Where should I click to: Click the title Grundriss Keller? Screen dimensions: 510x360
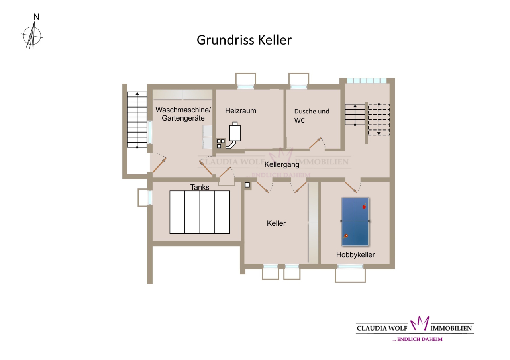(x=244, y=40)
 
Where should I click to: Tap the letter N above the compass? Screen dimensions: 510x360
(x=36, y=17)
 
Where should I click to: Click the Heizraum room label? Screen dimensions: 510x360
(x=241, y=111)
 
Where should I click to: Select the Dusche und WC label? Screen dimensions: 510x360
(x=312, y=115)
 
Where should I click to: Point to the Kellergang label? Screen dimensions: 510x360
(x=282, y=164)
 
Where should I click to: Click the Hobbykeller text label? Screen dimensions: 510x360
(x=355, y=254)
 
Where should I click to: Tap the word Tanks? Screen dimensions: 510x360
(x=200, y=187)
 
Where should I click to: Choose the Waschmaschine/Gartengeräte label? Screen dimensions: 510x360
(x=183, y=114)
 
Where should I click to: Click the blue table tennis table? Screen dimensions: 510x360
(x=355, y=222)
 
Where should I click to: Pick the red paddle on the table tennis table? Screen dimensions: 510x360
(x=364, y=207)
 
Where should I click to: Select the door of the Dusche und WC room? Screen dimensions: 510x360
(x=315, y=143)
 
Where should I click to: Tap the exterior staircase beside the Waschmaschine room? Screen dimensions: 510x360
(x=137, y=119)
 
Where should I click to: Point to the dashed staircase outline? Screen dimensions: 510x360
(x=379, y=119)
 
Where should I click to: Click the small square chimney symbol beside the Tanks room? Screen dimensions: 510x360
(x=247, y=185)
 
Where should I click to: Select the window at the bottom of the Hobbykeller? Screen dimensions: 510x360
(x=350, y=266)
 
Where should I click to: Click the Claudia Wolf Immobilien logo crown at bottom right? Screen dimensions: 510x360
(x=420, y=323)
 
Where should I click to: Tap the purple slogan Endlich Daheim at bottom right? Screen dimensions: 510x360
(x=417, y=339)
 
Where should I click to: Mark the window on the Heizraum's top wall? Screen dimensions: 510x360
(x=246, y=87)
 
